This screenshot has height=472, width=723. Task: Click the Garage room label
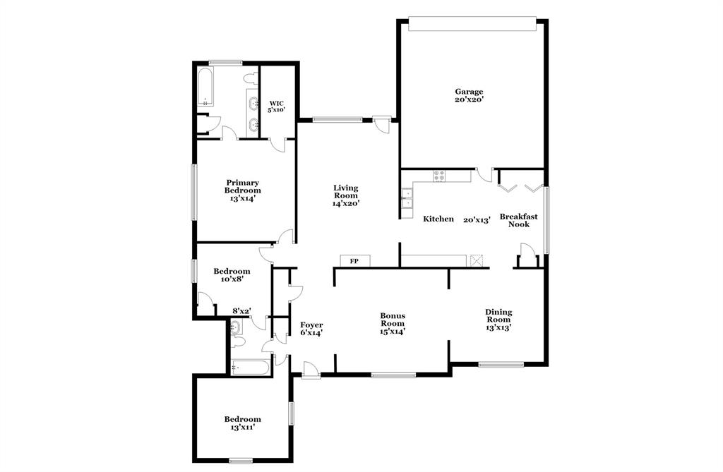coord(469,95)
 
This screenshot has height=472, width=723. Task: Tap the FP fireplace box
coord(355,261)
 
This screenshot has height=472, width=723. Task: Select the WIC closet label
coord(275,106)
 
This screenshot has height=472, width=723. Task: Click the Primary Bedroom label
coord(242,190)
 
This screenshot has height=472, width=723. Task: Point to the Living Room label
coord(346,195)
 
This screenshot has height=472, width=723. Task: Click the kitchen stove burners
coord(439,176)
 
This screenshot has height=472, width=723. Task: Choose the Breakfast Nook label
coord(519,220)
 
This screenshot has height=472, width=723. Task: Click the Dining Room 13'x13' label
coord(498,320)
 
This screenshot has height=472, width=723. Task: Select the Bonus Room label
coord(392,323)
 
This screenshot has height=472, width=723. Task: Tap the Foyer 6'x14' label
coord(311,329)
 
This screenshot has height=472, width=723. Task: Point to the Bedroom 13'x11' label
coord(242,423)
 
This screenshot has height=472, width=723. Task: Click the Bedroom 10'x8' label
coord(232,275)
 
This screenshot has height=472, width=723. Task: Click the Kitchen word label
coord(438,219)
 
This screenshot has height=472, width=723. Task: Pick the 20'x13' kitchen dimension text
coord(477,219)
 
